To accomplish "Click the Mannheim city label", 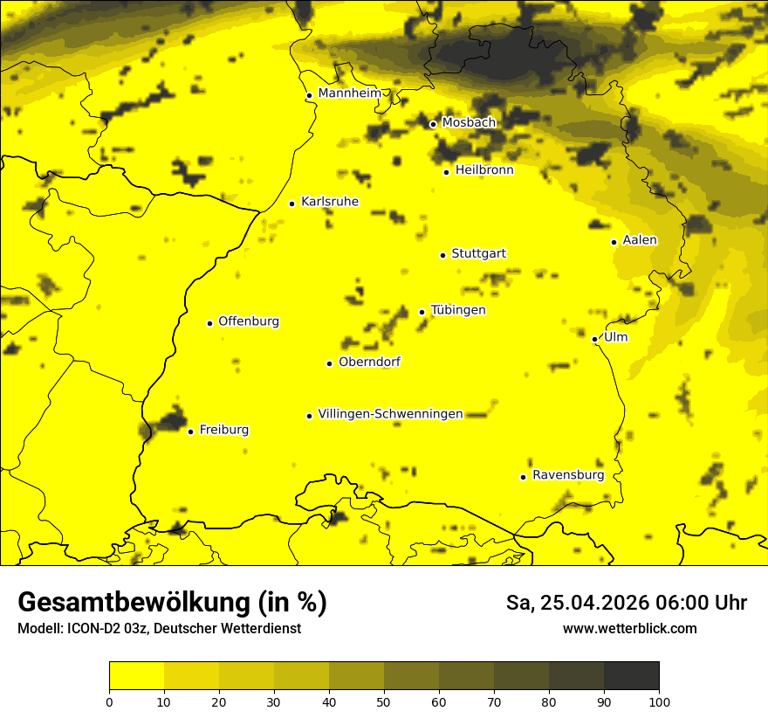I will pos(350,93).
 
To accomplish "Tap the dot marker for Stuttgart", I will pos(442,255).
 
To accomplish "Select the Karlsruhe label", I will pos(330,202).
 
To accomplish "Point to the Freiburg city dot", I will pos(190,432).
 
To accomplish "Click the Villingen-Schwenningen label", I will pos(391,414).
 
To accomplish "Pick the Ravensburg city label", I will pos(568,475).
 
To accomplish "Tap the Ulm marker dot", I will pos(594,339).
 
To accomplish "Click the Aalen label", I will pos(640,240).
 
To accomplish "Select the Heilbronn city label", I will pos(484,170).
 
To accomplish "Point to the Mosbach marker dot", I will pos(433,124).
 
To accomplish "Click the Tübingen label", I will pos(458,310).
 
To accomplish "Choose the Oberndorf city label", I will pos(370,362).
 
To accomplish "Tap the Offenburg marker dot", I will pos(209,323).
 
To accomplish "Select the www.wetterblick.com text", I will pos(629,629).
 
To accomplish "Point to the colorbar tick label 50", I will pos(384,701).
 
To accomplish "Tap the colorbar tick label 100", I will pos(659,701).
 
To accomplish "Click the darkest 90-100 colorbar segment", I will pos(631,675).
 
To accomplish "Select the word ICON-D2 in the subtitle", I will pos(92,629).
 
